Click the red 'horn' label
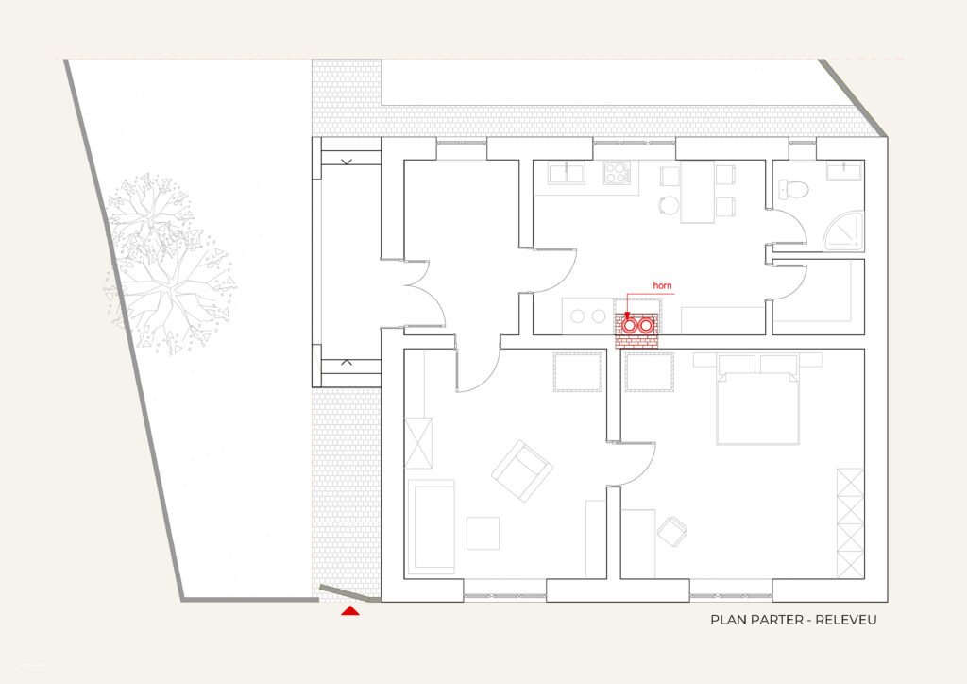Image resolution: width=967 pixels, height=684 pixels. pos(662,285)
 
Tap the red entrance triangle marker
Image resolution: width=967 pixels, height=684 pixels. pos(350,610)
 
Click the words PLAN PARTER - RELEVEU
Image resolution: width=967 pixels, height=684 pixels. pos(793,620)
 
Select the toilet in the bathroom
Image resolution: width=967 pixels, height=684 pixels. pos(792,189)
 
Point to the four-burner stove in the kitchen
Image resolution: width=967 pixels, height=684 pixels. pos(617,172)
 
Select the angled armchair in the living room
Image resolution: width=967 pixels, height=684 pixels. pos(521,470)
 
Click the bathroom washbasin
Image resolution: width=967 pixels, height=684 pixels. pos(844,171)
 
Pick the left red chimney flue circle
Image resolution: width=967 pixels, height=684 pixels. pos(629,324)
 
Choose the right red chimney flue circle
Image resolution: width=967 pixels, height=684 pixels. pos(646,324)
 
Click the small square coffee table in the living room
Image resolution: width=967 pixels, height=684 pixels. pos(483,533)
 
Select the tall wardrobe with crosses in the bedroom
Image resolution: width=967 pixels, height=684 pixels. pos(851,523)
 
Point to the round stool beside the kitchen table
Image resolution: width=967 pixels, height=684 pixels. pos(668,205)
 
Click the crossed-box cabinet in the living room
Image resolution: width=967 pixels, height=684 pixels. pos(418,443)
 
